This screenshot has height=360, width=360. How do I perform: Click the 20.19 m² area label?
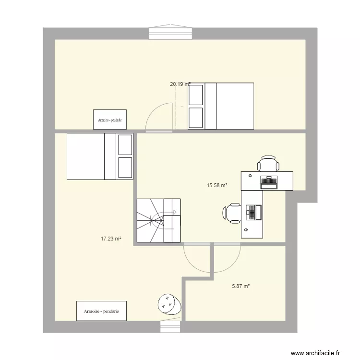pos(180,84)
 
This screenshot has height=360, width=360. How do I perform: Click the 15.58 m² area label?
pos(216,185)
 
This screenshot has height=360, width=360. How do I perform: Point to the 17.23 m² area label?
pos(110,238)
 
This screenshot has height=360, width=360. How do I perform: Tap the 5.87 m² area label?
pos(241,286)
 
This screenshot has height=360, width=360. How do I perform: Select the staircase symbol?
pos(158,220)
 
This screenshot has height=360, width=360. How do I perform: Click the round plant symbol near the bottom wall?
pos(169,303)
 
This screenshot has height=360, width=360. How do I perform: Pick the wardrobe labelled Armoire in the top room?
pos(110,120)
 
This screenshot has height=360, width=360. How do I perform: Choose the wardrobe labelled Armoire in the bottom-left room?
pos(101,311)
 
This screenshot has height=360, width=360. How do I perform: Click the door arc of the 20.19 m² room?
pos(158,117)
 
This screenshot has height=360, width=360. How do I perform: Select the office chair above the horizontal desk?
pos(268,164)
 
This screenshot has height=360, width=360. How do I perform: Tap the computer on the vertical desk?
pos(253,212)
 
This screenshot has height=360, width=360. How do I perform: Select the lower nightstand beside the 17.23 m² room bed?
pos(125,167)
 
